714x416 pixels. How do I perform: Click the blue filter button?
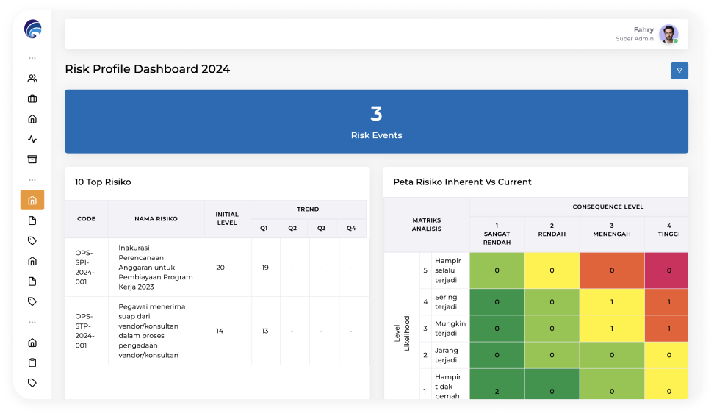point(679,71)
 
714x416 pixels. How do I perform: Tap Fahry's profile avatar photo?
point(668,34)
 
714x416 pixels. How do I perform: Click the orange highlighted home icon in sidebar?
point(32,200)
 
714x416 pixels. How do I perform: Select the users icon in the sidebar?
point(32,79)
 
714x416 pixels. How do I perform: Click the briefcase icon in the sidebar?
point(32,98)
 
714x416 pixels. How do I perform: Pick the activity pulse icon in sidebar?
point(32,139)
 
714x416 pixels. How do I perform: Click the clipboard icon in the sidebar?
point(32,362)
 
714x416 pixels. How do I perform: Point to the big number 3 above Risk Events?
point(376,113)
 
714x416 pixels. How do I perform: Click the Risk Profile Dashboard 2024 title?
point(148,69)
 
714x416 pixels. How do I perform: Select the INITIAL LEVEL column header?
point(227,219)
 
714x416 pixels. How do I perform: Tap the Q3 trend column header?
point(322,229)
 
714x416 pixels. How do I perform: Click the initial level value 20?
point(220,268)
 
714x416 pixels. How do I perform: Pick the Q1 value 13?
point(265,331)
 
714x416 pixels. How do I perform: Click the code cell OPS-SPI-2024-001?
point(84,268)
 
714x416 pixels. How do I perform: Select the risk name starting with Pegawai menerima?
point(152,331)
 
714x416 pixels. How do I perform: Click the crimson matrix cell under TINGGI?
point(666,270)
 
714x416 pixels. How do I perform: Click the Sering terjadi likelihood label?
point(446,301)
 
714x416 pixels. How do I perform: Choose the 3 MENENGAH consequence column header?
point(612,229)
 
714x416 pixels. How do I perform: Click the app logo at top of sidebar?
point(33,29)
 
